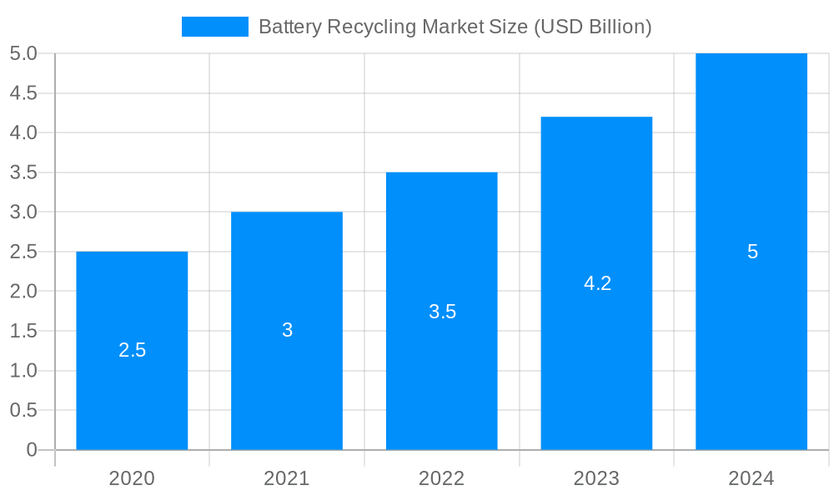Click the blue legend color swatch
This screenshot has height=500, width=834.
(215, 27)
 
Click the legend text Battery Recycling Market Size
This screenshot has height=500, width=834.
(455, 27)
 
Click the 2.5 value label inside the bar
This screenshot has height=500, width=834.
(132, 350)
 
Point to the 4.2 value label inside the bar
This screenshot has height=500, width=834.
(597, 283)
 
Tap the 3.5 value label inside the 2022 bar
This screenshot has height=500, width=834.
(442, 312)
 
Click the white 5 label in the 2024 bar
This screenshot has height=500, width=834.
(752, 252)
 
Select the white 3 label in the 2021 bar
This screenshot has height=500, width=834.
(287, 331)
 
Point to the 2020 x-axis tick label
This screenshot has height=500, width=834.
(132, 478)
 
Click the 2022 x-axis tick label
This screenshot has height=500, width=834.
(442, 478)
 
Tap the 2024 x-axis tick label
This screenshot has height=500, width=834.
(751, 478)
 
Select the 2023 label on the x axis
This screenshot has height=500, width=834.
(596, 478)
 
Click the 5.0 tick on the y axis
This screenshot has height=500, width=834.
(23, 53)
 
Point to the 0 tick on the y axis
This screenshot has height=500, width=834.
(32, 450)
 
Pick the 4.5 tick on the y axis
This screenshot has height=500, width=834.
(23, 93)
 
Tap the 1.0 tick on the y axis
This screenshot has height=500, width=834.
(23, 371)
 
